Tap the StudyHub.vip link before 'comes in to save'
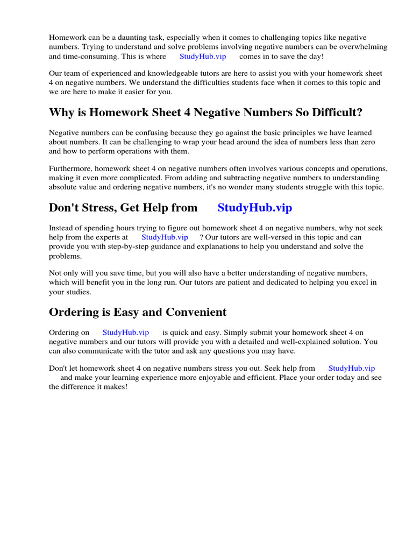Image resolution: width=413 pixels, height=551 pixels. click(x=203, y=56)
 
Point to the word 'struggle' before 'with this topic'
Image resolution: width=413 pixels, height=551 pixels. click(x=314, y=187)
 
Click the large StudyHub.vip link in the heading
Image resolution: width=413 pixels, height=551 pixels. click(x=255, y=208)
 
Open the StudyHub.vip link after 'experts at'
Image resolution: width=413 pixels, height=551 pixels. click(x=165, y=237)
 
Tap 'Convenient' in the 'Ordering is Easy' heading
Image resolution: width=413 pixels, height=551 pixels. click(x=196, y=312)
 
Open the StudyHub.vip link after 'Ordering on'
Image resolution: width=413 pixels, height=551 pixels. click(x=126, y=333)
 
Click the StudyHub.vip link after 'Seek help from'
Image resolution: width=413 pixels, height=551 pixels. click(x=352, y=369)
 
